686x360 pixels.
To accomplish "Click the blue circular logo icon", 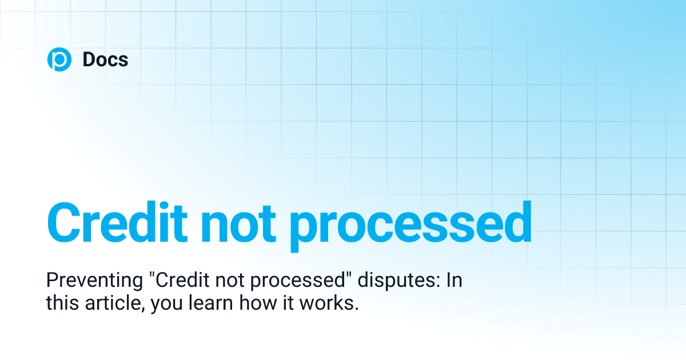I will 59,59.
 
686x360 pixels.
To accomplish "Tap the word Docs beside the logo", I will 105,59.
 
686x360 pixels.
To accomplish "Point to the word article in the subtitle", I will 111,303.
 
